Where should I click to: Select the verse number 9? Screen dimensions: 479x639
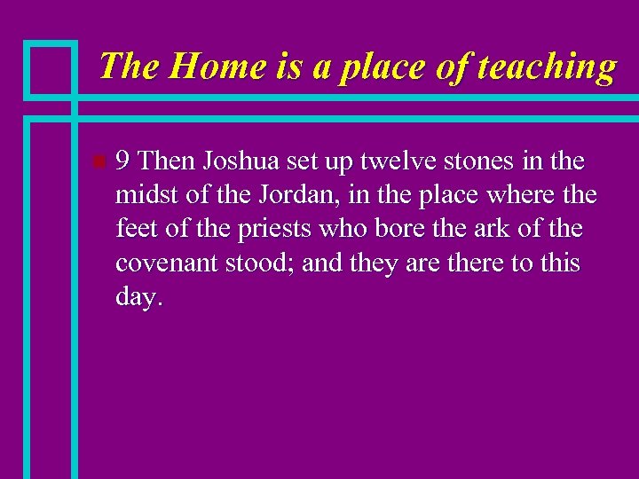click(x=124, y=161)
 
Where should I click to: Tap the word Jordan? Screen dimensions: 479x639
click(x=261, y=195)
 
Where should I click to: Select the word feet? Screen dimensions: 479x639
click(x=134, y=229)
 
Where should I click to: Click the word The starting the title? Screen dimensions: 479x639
click(x=129, y=67)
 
